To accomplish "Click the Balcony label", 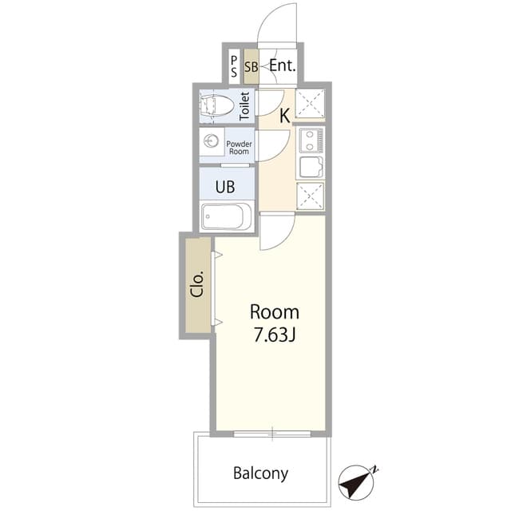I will click(x=260, y=473).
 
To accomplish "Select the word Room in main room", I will click(x=274, y=312).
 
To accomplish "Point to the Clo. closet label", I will click(x=197, y=285).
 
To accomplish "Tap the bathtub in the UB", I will click(x=227, y=216).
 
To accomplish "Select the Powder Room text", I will click(x=240, y=147).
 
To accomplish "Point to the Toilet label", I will click(x=245, y=106).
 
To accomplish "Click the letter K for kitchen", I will click(x=284, y=116).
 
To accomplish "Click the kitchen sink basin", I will click(x=309, y=167).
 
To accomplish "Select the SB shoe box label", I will click(x=251, y=67).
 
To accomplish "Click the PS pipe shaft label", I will click(x=234, y=67).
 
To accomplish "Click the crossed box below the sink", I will click(x=309, y=196).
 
